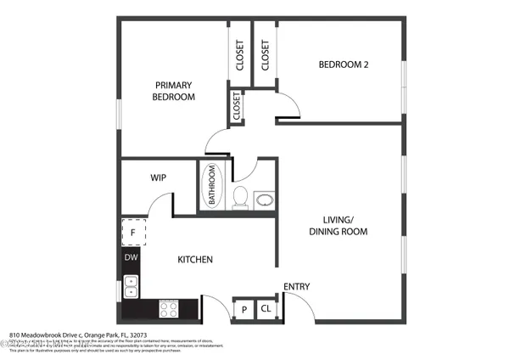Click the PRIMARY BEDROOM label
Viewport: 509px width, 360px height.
173,91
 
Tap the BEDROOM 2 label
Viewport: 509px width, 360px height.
343,65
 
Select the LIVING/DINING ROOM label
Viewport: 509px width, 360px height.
338,224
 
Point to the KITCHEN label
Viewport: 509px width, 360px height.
194,260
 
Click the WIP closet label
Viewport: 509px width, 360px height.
158,178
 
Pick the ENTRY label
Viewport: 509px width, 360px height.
296,287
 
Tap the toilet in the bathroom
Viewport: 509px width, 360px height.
241,198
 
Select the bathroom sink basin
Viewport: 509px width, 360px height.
265,200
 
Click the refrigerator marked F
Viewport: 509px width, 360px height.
132,231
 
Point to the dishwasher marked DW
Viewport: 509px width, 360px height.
131,257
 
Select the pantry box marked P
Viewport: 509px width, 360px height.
243,309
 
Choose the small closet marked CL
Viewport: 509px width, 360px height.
265,309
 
